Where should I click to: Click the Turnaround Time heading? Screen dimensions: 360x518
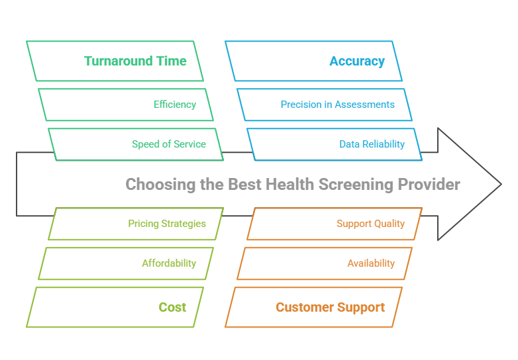(x=135, y=61)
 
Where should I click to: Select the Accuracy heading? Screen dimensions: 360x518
(x=357, y=61)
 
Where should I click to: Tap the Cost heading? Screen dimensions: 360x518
(x=172, y=307)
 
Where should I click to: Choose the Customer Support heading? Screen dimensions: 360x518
(x=330, y=307)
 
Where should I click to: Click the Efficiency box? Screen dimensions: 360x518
(x=175, y=105)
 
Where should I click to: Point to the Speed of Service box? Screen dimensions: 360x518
(x=169, y=144)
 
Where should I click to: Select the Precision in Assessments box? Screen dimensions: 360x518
(x=337, y=105)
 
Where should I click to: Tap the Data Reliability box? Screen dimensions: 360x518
(x=372, y=144)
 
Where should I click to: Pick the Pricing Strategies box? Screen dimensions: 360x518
(x=167, y=224)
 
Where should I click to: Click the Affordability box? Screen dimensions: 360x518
(x=169, y=263)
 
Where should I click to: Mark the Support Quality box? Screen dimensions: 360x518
(x=370, y=224)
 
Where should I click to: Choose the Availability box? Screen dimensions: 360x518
(x=371, y=263)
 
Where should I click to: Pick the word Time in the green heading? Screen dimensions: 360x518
(x=171, y=61)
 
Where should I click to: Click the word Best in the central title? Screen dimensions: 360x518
(x=244, y=184)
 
